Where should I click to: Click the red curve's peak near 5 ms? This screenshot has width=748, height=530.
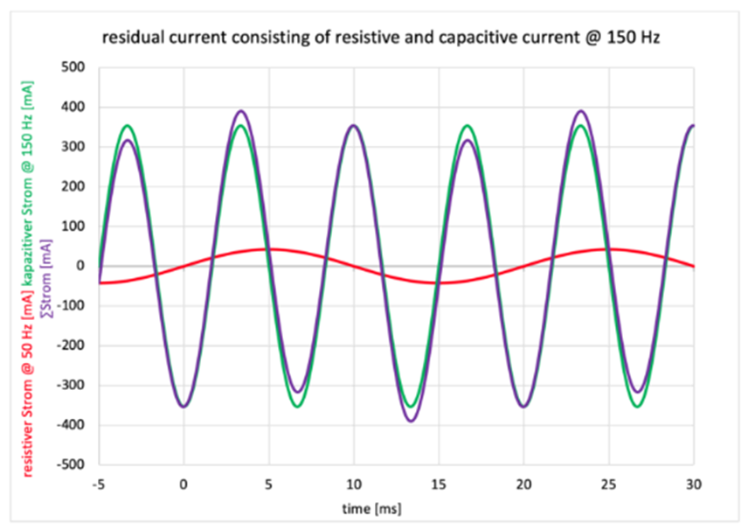click(268, 249)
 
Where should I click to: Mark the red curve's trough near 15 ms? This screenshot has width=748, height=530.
click(439, 282)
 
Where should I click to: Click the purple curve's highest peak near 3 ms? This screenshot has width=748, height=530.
click(240, 111)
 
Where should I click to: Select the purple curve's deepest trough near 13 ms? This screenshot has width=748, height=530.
click(410, 421)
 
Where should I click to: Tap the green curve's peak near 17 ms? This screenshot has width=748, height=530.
click(467, 126)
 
